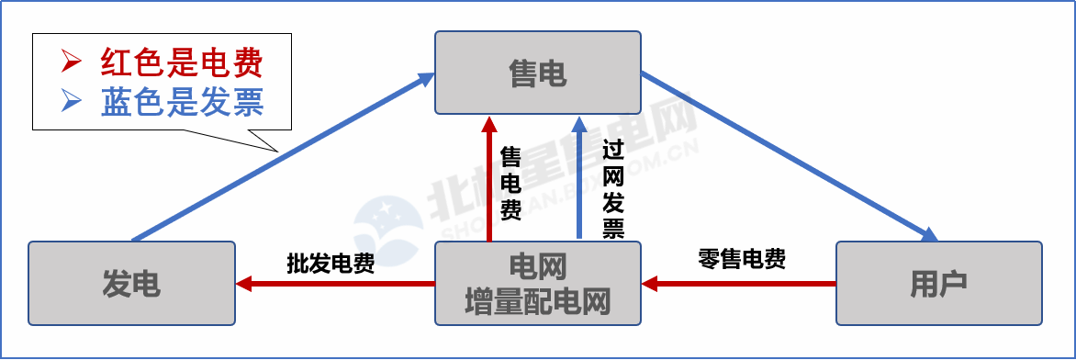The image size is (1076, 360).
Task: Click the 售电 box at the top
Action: pos(537,73)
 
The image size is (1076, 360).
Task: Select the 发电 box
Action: pos(131,284)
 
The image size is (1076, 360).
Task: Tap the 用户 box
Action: pos(938,284)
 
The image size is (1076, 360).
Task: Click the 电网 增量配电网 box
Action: pos(537,284)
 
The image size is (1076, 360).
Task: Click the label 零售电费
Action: pos(742,259)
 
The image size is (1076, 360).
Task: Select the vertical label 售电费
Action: pos(510,184)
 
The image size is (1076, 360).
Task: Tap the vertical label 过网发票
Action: pos(613,188)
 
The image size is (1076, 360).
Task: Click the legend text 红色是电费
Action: pos(182,62)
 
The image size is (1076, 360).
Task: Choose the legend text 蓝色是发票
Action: pos(182,102)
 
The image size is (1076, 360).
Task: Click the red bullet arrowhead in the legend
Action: pos(71,62)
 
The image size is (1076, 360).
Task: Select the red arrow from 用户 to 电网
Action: pos(739,284)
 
